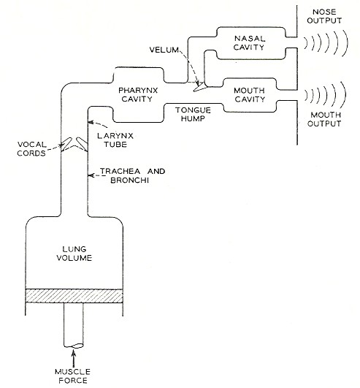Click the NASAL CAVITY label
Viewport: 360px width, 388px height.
tap(249, 43)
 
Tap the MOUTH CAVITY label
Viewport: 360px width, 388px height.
tap(250, 95)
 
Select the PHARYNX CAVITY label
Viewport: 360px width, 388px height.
tap(138, 94)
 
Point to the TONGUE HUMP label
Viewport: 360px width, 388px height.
tap(193, 114)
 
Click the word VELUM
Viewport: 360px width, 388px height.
tap(164, 50)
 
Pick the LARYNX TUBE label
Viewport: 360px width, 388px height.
tap(115, 140)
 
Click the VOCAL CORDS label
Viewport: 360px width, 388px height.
tap(31, 149)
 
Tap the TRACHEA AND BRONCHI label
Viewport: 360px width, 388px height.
tap(132, 175)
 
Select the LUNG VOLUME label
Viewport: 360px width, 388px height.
tap(74, 254)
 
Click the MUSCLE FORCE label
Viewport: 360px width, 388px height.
tap(72, 376)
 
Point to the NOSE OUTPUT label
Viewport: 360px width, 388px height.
tap(324, 16)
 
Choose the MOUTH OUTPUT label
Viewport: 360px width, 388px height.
tap(324, 119)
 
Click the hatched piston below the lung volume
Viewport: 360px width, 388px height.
tap(74, 296)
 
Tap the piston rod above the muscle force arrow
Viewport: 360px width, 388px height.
tap(74, 325)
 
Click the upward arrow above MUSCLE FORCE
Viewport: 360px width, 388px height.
tap(73, 358)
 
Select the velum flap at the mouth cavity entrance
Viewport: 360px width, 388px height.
tap(200, 87)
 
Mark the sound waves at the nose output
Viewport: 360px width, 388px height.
tap(326, 43)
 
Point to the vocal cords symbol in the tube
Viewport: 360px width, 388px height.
tap(74, 144)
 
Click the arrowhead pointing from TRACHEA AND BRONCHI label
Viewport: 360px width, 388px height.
tap(91, 175)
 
